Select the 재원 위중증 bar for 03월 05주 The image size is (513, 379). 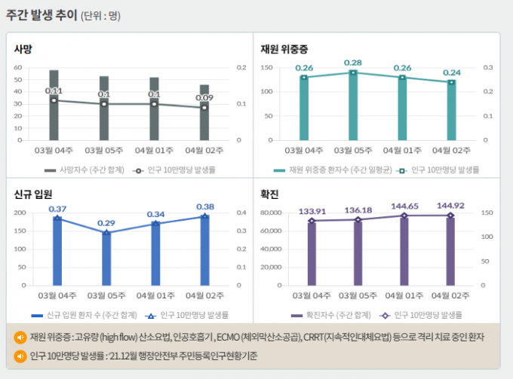click(x=352, y=106)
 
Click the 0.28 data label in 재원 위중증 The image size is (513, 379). click(x=352, y=63)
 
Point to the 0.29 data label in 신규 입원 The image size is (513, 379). click(x=106, y=223)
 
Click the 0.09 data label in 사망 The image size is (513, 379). click(x=204, y=97)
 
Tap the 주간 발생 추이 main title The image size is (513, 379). click(x=41, y=15)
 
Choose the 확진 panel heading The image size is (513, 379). click(x=269, y=195)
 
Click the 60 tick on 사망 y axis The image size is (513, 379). click(x=19, y=68)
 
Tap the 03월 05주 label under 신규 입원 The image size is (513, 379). click(x=105, y=295)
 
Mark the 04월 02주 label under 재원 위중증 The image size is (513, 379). click(x=450, y=150)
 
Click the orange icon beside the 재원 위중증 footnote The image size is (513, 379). click(x=20, y=336)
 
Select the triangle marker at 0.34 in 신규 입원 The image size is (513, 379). click(x=155, y=223)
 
